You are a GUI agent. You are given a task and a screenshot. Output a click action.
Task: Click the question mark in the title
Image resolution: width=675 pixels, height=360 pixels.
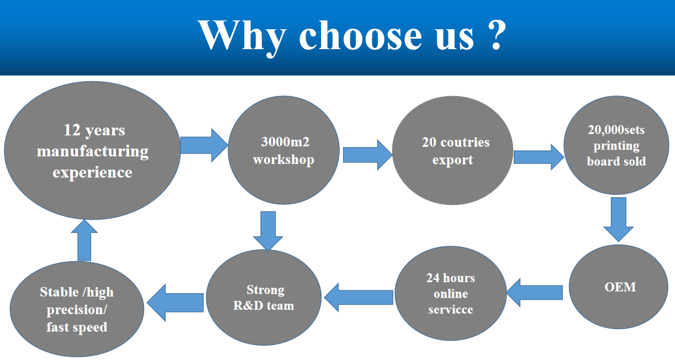point(496,35)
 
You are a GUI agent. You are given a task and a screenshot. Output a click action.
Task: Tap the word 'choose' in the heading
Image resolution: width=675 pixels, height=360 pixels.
point(360,36)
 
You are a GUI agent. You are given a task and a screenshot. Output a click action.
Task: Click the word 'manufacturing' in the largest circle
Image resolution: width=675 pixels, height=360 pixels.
point(92,152)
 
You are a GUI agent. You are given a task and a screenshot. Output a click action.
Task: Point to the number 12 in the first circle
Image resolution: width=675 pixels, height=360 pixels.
point(72,130)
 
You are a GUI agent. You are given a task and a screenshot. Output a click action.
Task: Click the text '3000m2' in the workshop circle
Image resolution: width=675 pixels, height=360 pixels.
point(285,142)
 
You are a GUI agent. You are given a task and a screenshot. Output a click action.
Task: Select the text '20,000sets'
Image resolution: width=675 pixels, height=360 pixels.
point(616,130)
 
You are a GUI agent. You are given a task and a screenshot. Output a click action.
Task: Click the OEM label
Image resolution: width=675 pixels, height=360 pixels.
point(620,287)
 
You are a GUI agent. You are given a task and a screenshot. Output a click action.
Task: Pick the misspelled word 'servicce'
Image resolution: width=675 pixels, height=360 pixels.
point(451,309)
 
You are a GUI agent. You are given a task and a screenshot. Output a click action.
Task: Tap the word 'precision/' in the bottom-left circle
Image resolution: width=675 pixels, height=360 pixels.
point(77,310)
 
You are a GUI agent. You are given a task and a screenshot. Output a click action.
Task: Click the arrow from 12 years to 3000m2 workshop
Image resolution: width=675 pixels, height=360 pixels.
point(204,146)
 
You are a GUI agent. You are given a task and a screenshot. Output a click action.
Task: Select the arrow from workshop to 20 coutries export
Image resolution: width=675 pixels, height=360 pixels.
point(368,155)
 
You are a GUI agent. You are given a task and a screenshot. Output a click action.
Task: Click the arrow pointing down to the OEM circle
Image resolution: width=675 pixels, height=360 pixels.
point(619,219)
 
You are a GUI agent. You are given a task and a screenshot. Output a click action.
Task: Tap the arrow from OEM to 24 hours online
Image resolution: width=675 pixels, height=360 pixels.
point(534,293)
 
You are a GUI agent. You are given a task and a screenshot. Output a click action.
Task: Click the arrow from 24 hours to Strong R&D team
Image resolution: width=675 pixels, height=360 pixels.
point(358,298)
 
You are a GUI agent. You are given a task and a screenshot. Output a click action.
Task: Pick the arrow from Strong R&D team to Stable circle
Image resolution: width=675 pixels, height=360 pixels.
point(175,303)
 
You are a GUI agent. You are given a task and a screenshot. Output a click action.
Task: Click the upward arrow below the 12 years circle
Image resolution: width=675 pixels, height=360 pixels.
point(84,240)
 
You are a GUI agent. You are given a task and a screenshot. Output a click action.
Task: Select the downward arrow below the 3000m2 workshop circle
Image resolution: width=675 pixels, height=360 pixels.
point(268,231)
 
